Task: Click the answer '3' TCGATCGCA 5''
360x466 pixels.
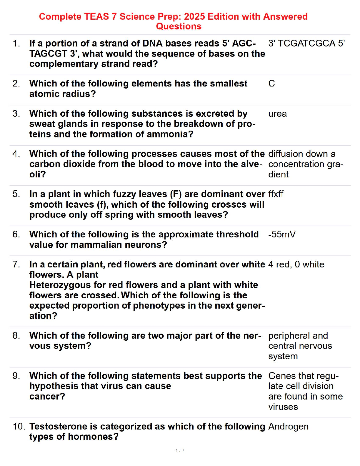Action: point(306,44)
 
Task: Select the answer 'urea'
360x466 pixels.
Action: point(277,114)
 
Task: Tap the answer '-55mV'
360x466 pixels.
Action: point(282,234)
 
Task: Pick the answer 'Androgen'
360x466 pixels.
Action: point(288,427)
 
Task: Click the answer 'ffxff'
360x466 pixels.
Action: point(276,194)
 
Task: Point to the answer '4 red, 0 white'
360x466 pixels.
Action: point(296,264)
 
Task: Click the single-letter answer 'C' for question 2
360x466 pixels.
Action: point(271,84)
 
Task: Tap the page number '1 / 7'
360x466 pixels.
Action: point(180,450)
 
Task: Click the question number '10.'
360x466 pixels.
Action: point(19,427)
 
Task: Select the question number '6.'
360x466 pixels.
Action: point(16,234)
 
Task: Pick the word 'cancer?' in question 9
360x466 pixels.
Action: point(47,397)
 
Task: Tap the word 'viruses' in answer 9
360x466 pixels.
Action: point(283,407)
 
